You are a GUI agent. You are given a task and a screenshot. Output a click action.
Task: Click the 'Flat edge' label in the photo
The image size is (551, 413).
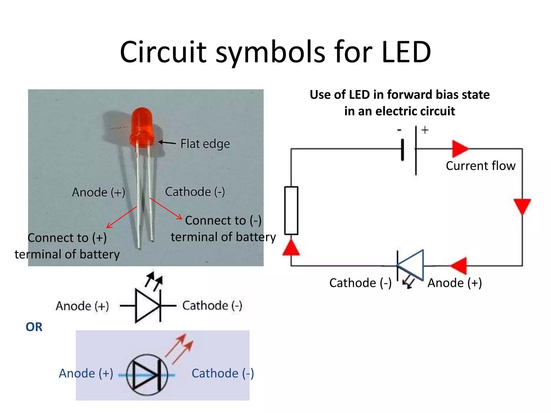pos(205,144)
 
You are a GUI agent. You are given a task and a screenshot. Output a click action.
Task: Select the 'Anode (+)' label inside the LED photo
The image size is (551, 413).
pos(98,192)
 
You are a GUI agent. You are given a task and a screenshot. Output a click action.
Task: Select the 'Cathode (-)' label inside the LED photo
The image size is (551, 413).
pos(195,192)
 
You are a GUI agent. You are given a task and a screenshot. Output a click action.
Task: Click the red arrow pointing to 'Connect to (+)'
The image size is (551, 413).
pos(121,218)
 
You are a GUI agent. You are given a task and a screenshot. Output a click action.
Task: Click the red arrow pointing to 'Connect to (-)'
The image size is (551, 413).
pos(166,209)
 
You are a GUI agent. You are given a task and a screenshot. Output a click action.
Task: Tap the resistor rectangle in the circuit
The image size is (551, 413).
pos(291,210)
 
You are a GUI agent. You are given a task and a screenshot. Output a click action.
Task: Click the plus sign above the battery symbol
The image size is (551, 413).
pos(425,130)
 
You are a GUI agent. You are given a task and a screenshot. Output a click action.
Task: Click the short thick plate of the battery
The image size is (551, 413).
pos(402,150)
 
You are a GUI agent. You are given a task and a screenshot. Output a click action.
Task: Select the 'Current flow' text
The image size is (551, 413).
pos(481,166)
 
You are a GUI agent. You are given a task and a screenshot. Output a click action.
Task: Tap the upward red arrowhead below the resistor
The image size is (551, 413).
pos(291,248)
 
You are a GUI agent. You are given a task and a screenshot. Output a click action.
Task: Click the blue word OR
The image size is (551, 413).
pos(34,327)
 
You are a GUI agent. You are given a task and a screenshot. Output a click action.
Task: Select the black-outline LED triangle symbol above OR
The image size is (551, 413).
pos(147,306)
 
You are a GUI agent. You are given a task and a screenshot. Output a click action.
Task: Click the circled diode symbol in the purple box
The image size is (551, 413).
pos(147,375)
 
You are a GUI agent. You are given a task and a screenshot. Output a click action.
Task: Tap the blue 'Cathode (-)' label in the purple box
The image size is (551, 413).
pos(222,373)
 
